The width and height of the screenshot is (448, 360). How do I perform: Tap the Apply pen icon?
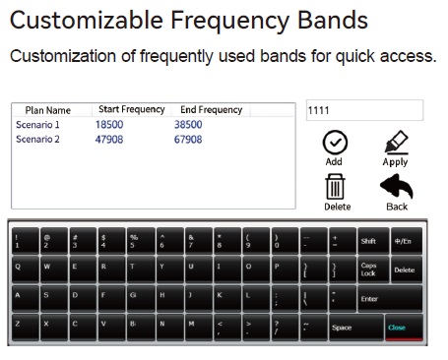[395, 142]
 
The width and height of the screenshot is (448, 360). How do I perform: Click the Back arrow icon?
[396, 185]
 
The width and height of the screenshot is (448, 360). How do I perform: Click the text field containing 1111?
[364, 110]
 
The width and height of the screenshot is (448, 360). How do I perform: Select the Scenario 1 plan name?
[37, 125]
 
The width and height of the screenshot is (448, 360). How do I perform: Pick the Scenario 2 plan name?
[37, 139]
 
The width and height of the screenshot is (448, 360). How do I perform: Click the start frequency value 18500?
[109, 125]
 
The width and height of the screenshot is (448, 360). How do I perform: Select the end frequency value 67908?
[187, 139]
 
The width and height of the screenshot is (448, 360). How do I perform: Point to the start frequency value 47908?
[109, 139]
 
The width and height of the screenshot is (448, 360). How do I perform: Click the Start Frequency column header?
[131, 110]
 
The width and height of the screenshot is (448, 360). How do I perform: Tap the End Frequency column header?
[211, 110]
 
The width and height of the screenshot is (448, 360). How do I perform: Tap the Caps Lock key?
[369, 268]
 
